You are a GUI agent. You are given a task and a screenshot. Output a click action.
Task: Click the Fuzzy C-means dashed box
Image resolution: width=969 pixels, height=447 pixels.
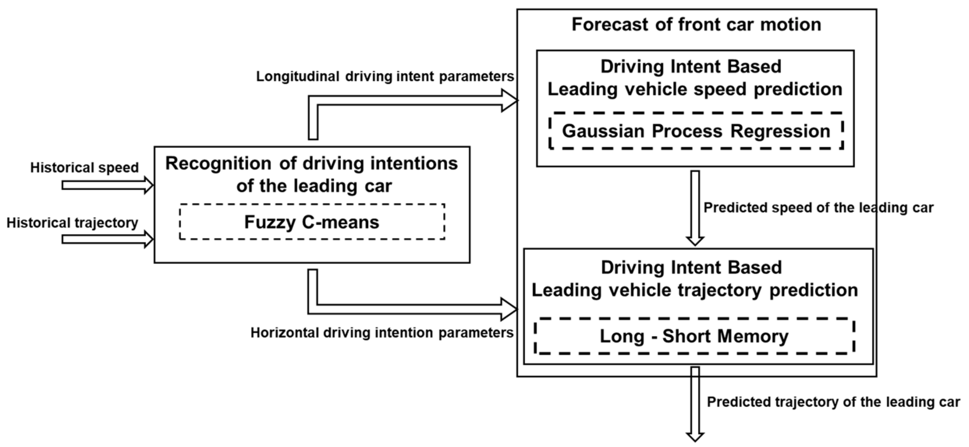pos(312,221)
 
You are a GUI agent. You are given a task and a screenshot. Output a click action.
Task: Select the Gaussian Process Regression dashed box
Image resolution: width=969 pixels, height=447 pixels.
pos(696,131)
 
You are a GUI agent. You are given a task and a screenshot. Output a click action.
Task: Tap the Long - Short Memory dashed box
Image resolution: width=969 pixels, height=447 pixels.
pos(694,336)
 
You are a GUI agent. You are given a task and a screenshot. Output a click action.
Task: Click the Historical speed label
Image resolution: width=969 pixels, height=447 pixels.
pos(84,167)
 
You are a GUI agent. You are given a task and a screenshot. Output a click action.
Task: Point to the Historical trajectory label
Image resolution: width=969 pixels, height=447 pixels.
pos(72,223)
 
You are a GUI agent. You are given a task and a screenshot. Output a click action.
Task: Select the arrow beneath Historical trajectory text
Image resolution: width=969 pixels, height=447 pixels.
pos(107,239)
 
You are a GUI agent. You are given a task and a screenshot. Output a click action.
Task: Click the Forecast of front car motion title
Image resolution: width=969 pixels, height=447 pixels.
pos(696,25)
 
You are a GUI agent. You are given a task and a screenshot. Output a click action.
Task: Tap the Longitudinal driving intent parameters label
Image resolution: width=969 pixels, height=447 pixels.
pos(385,76)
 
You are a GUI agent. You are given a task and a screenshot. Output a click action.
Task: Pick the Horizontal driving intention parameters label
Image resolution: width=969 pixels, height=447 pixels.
pos(382,333)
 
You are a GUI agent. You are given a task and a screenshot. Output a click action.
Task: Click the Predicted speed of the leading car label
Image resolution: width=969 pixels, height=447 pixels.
pos(818,207)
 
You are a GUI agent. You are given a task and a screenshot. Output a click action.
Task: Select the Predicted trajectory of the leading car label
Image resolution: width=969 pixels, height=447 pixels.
pos(833,402)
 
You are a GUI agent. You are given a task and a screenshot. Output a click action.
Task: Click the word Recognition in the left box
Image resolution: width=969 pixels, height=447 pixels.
pos(218,163)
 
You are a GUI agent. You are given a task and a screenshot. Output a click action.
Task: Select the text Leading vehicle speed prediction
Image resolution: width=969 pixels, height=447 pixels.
pos(695,89)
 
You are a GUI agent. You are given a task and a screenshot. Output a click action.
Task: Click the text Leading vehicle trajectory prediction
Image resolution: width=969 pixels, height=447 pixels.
pos(694,290)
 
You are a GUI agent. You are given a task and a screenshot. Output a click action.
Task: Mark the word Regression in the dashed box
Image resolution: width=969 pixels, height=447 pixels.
pos(780,131)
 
